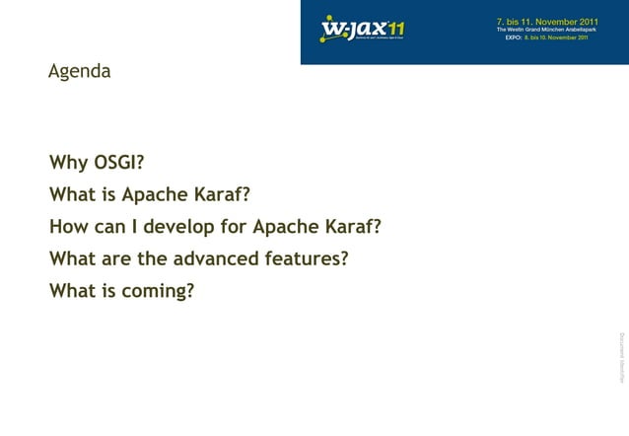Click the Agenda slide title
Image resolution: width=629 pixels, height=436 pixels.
(80, 73)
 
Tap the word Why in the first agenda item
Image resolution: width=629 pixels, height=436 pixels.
(68, 163)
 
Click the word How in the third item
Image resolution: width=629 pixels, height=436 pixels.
(68, 228)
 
